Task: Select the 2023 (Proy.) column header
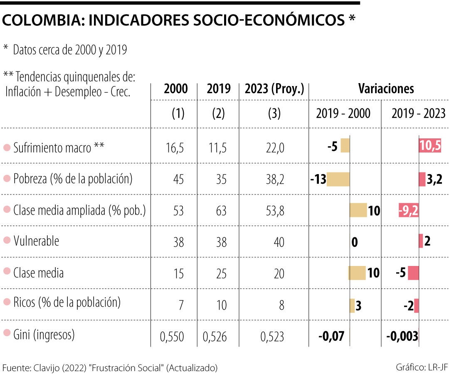pos(274,89)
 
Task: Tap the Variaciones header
pos(386,89)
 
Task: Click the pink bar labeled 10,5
pos(430,146)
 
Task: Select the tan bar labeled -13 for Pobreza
pos(338,179)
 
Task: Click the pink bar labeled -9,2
pos(409,211)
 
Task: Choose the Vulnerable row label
pos(36,241)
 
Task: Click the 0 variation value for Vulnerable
pos(354,242)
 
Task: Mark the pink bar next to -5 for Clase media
pos(413,273)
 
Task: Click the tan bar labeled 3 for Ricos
pos(352,305)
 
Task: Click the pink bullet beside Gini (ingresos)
pos(7,333)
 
